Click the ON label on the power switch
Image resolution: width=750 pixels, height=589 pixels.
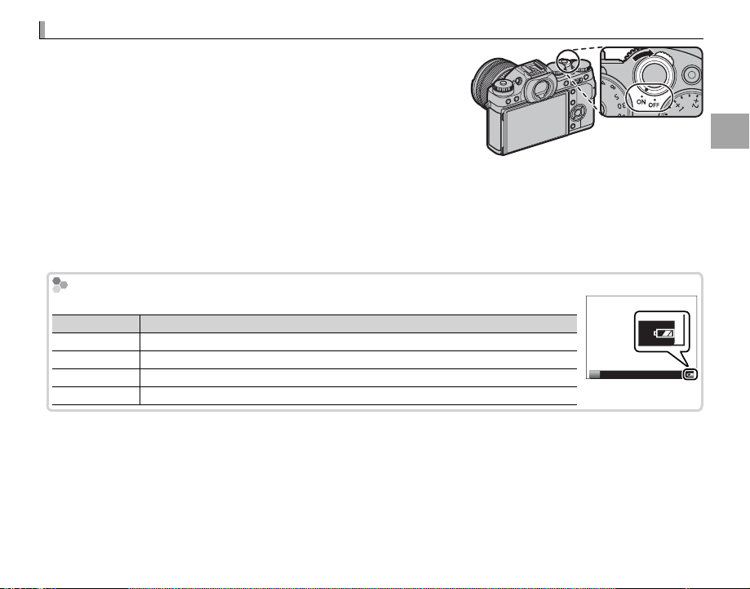(641, 101)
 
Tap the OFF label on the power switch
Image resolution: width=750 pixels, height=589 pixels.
(654, 104)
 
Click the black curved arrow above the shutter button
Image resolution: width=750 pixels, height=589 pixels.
(644, 54)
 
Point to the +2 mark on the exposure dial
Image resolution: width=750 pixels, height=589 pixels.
(695, 101)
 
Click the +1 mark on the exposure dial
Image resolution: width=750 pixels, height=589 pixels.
(679, 105)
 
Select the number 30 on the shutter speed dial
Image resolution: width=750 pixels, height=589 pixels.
(621, 105)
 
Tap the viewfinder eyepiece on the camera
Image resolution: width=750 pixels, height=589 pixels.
(539, 90)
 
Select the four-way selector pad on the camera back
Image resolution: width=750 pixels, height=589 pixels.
(578, 114)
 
